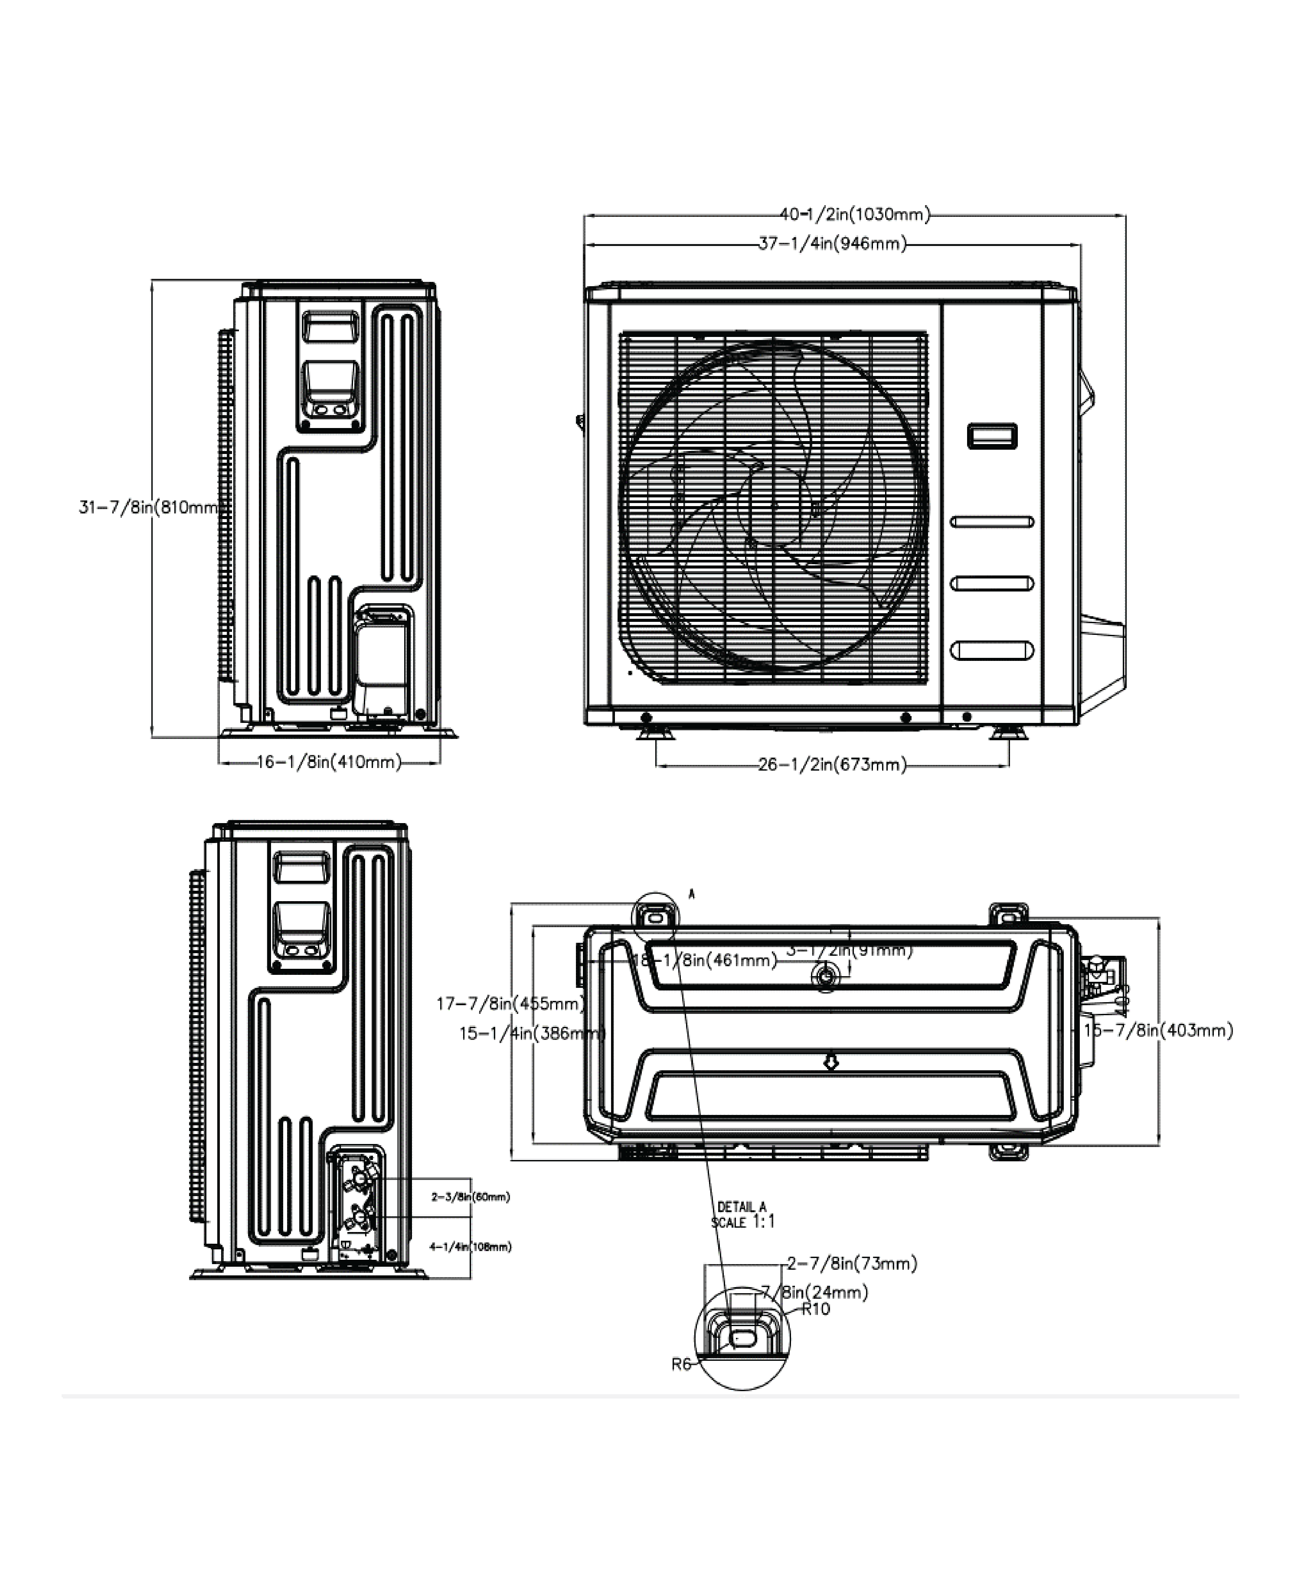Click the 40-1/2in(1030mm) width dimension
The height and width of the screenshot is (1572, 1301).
854,215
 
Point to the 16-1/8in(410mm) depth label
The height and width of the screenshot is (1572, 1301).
329,763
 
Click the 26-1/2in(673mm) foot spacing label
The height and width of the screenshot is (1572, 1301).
832,765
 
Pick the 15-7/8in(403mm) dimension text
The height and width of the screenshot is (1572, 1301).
1158,1031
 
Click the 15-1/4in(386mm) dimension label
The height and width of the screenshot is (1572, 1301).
532,1034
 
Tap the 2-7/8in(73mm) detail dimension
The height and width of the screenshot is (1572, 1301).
852,1264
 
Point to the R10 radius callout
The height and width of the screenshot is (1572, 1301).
816,1309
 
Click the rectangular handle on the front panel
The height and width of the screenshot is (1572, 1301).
992,436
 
